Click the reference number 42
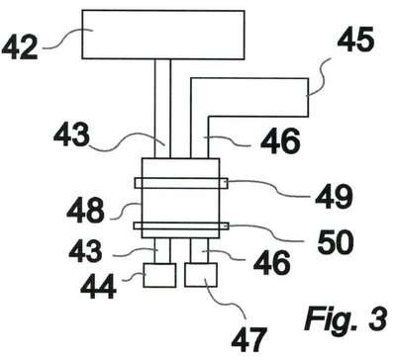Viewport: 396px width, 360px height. [20, 47]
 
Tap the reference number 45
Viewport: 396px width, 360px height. [355, 40]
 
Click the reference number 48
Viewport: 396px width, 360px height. [85, 210]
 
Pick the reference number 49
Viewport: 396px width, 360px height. [334, 197]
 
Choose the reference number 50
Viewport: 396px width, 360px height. [336, 241]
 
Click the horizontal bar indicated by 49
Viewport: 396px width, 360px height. [181, 183]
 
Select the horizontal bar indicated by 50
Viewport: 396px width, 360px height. [181, 225]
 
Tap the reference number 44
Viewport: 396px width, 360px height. [98, 287]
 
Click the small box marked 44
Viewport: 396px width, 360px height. [159, 275]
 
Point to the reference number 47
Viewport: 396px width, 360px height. [248, 339]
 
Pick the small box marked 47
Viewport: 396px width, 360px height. [201, 275]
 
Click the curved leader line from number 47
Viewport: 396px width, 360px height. [228, 299]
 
